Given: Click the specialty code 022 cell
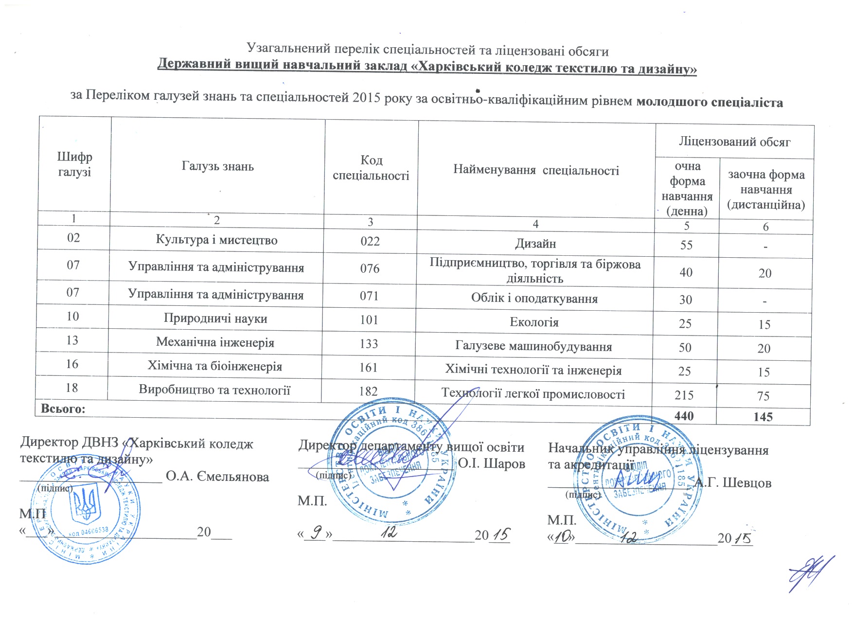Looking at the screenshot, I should click(x=370, y=241).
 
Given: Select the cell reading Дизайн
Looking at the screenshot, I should click(x=535, y=244).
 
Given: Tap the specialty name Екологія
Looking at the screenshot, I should click(x=534, y=322).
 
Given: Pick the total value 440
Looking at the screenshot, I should click(x=684, y=416).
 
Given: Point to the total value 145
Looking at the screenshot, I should click(x=763, y=417).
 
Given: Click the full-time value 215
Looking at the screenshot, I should click(x=684, y=395).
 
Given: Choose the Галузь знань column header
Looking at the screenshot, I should click(x=217, y=166).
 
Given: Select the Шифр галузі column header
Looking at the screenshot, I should click(x=74, y=164).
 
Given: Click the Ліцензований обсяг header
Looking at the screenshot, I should click(x=734, y=142).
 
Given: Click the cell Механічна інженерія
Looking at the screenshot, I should click(x=215, y=342).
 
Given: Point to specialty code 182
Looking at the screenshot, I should click(x=368, y=391).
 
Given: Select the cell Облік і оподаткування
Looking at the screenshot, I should click(x=534, y=298).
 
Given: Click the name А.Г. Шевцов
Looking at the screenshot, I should click(x=732, y=483).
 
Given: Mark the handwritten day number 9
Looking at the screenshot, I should click(x=317, y=534).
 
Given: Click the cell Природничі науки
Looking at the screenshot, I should click(x=215, y=319).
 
